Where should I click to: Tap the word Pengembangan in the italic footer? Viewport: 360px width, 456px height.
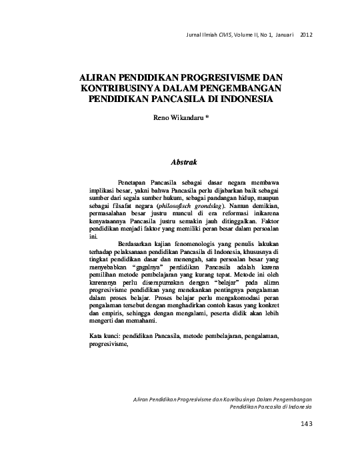coord(291,398)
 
